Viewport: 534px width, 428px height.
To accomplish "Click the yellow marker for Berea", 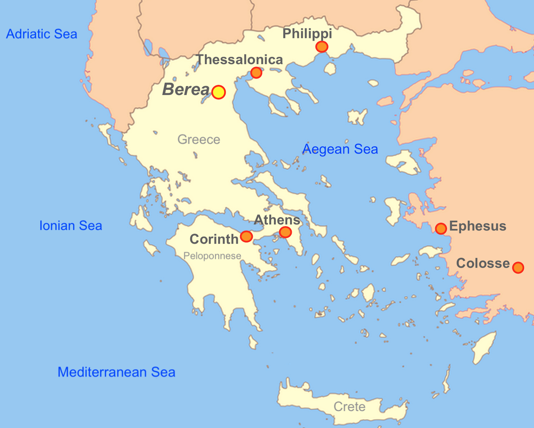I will tap(218, 92).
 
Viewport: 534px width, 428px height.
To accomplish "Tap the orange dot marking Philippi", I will tap(322, 47).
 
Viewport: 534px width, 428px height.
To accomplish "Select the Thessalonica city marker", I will tap(256, 73).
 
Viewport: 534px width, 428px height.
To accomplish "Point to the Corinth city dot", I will tap(246, 236).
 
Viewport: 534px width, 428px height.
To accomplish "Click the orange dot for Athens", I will tap(285, 232).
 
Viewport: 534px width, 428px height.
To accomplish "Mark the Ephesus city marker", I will tap(441, 229).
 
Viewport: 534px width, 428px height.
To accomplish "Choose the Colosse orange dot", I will tap(518, 267).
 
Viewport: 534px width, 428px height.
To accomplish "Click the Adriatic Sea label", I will tap(41, 34).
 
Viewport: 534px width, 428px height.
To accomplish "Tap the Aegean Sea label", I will tap(340, 149).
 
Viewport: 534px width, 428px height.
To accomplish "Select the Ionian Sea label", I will tap(71, 225).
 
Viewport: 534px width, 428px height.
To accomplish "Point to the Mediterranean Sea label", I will tap(116, 372).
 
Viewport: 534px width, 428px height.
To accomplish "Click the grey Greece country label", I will tap(198, 139).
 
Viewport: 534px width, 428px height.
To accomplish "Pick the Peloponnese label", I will tap(212, 256).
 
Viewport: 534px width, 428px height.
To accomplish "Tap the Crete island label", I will tap(350, 406).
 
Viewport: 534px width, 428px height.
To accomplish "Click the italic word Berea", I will tap(186, 90).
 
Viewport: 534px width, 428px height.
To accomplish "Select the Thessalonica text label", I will tap(239, 60).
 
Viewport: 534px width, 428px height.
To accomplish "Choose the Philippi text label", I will tap(307, 33).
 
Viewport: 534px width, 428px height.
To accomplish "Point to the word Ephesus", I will tap(478, 226).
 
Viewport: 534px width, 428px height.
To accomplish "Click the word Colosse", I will tap(483, 263).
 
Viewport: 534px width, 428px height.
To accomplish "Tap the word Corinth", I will tap(214, 239).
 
